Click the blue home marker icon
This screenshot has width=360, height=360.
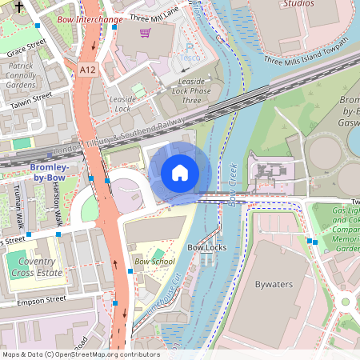[180, 173]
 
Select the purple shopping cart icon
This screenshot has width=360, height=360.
[145, 33]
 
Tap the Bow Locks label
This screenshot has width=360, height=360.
[206, 248]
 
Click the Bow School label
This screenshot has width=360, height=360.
[154, 262]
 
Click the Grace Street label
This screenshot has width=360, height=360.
[24, 50]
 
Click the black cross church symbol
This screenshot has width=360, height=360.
[19, 6]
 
